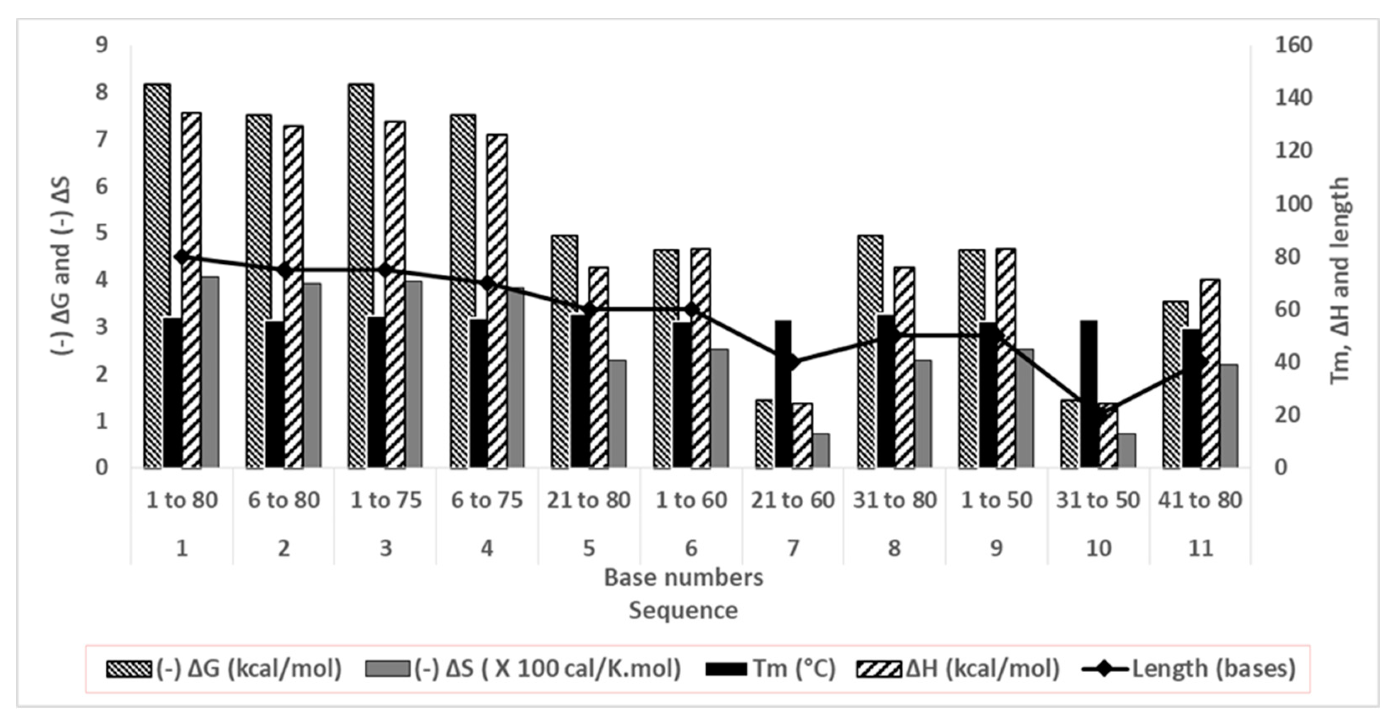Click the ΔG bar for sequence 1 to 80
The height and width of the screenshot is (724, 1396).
(157, 271)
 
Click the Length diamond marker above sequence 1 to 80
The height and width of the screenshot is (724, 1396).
(182, 257)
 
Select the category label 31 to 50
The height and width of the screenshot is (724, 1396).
(1098, 500)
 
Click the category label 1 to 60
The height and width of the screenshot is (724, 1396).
(691, 500)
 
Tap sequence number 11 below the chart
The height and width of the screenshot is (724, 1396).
(1200, 548)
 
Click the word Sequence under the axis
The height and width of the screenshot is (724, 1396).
(683, 610)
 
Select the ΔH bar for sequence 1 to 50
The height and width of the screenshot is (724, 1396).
(1006, 358)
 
